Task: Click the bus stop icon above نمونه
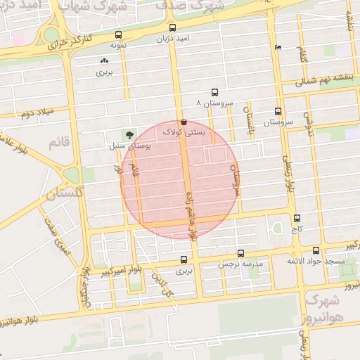117,34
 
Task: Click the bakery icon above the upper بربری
104,62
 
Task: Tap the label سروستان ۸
216,103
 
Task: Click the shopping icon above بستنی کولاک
184,121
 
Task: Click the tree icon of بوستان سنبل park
129,134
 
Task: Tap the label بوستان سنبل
130,146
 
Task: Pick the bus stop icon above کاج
297,218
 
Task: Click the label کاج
297,229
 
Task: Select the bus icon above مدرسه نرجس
241,253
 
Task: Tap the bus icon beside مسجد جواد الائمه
316,250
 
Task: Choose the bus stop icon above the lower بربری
184,259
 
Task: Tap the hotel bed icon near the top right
279,48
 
